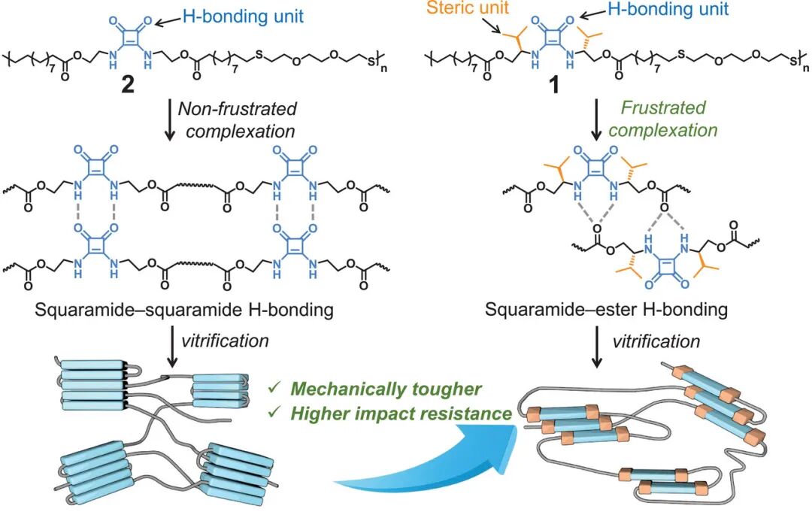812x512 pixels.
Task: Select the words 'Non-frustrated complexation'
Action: click(x=238, y=120)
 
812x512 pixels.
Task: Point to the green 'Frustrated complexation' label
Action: click(x=663, y=119)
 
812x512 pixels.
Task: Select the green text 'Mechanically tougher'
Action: click(x=386, y=389)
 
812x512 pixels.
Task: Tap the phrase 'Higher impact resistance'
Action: click(x=400, y=414)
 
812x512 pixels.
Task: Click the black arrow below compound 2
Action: click(x=170, y=120)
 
